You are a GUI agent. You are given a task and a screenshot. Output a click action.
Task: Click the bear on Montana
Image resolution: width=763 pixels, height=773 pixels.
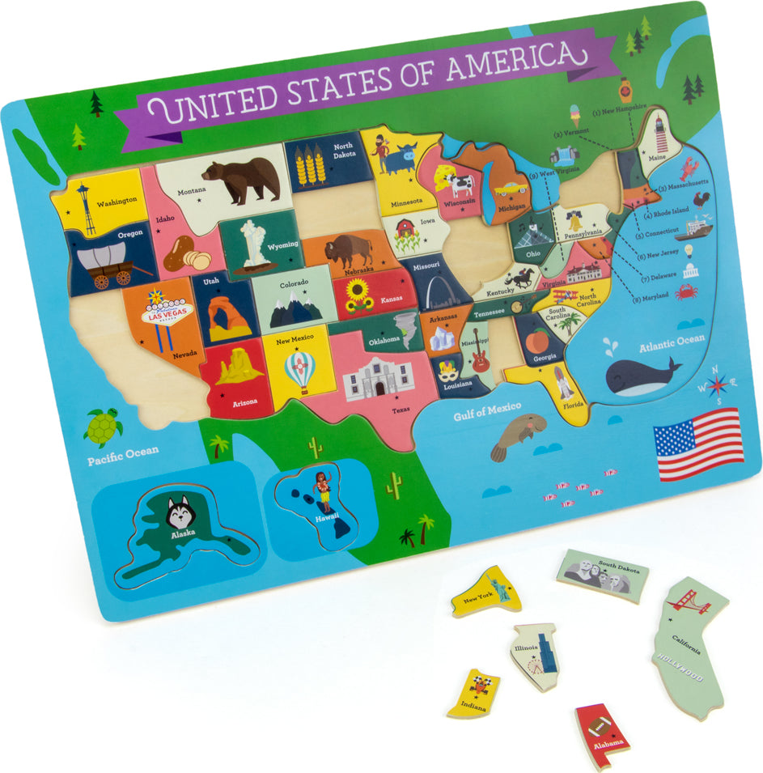pos(240,181)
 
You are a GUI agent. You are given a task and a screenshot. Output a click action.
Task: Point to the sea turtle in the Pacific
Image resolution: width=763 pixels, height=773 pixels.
pos(104,426)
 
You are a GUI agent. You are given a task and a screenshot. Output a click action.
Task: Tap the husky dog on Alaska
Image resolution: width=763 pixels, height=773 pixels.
pos(179,512)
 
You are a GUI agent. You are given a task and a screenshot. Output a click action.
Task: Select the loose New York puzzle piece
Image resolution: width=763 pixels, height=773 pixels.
pos(485,592)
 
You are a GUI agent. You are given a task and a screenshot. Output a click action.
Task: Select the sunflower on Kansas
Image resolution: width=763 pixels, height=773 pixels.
pos(357,293)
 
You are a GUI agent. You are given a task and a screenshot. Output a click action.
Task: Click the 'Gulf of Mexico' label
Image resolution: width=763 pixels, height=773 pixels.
pos(486,410)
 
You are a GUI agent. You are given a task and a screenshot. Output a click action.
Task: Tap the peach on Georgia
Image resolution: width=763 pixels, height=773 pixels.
pos(535,340)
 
